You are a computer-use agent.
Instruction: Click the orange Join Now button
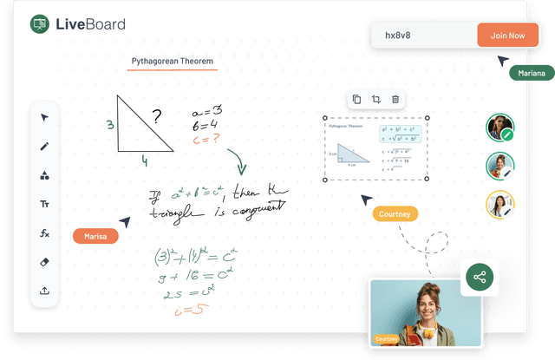point(507,36)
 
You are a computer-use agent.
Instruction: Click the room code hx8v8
point(398,36)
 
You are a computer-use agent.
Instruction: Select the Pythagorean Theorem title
point(172,62)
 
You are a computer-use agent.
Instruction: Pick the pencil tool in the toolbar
point(44,147)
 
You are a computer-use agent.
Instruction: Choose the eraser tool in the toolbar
point(44,262)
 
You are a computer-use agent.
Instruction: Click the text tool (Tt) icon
point(44,204)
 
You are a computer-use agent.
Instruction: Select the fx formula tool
point(44,233)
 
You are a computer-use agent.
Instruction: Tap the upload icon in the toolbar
point(44,291)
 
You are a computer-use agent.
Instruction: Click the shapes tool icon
point(44,175)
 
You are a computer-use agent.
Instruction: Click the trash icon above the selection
point(395,100)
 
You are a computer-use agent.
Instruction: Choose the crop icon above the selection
point(376,100)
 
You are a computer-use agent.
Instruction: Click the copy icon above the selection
point(356,100)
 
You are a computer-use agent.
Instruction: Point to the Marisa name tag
point(95,235)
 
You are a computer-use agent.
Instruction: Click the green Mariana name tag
point(532,74)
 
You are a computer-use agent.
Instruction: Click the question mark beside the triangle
point(156,116)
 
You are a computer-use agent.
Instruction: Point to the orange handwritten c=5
point(190,311)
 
